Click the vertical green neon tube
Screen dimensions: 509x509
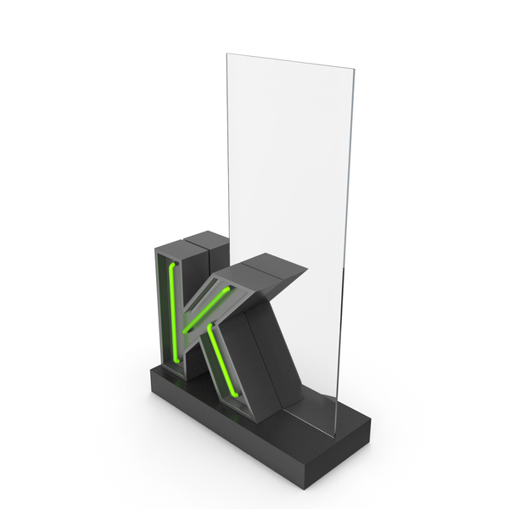point(172,311)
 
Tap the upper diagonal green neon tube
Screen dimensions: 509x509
point(206,310)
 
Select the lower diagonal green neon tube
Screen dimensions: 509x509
point(224,361)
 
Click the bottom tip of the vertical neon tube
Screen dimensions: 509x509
point(177,361)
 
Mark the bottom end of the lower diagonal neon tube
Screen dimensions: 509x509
point(237,395)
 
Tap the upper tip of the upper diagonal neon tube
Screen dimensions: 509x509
point(228,288)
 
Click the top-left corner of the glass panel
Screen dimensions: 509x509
point(227,54)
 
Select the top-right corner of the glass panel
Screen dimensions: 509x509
point(354,70)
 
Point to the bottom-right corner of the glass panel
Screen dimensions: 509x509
point(334,437)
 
